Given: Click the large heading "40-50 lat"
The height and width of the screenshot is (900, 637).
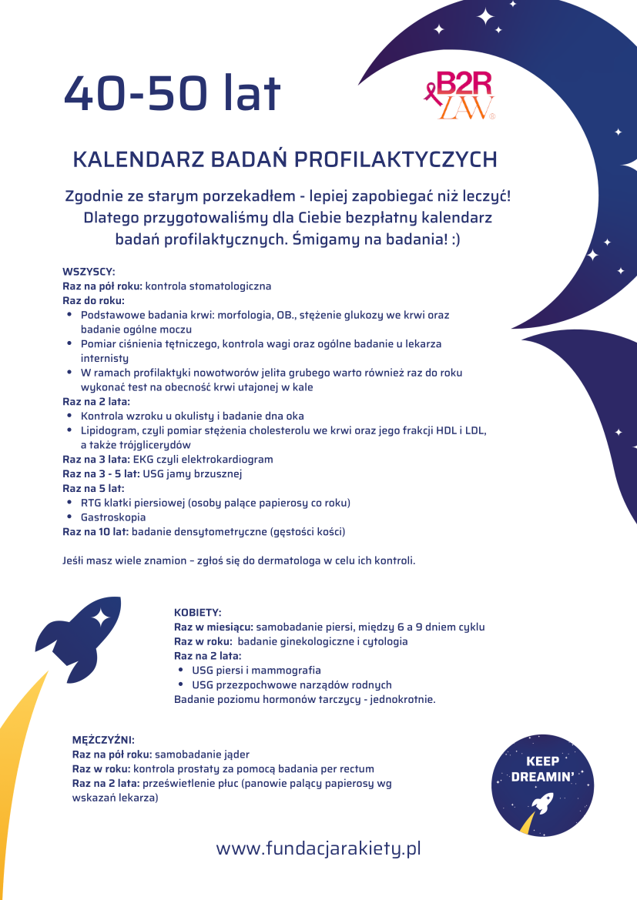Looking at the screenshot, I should [172, 94].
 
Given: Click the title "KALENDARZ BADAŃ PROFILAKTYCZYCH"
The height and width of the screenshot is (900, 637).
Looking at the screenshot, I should [284, 159].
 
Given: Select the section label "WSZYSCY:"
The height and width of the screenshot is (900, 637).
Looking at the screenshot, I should [89, 272].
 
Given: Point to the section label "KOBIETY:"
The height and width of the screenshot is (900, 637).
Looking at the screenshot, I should [198, 613].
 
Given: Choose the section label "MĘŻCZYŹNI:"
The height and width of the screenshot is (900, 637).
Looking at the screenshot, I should [103, 740].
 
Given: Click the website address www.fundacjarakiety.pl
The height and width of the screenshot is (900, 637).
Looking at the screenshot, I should [318, 849].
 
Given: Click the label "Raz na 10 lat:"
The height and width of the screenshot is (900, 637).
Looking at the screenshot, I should [96, 532].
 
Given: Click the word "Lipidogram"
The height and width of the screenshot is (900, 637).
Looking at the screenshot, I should [108, 430].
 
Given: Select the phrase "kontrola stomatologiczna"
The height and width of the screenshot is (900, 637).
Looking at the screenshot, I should [208, 286].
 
